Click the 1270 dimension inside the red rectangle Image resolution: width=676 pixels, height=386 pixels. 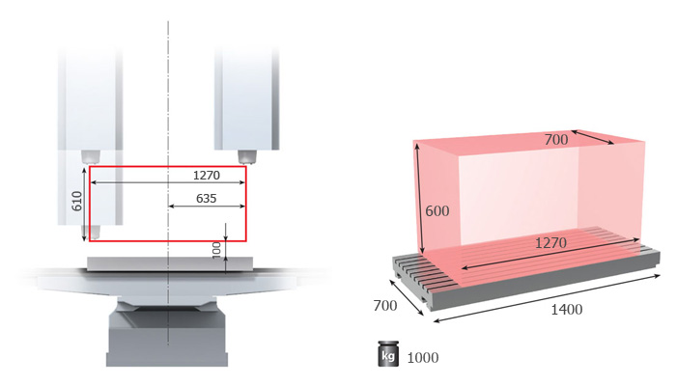(x=207, y=176)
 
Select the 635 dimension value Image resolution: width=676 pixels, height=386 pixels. (x=206, y=199)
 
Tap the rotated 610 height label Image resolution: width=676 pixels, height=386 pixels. (x=76, y=201)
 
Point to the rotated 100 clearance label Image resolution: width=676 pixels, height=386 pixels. (x=216, y=250)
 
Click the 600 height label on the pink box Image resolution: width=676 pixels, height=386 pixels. (x=437, y=211)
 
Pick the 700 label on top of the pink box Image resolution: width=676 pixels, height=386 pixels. (x=556, y=140)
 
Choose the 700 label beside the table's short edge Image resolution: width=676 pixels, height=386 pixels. (x=385, y=306)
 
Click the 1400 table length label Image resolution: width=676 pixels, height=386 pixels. (x=567, y=310)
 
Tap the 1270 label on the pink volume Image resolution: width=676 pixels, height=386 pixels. (x=550, y=243)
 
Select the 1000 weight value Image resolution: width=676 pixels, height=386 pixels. (x=423, y=358)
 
